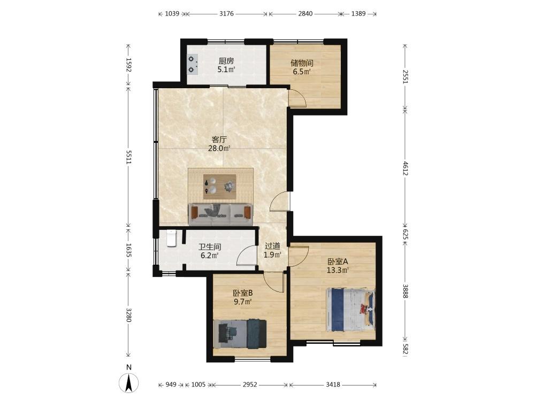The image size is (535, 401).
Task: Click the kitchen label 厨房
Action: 226,61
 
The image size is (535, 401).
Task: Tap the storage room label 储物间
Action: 302,63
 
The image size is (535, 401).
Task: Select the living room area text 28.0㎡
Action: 219,148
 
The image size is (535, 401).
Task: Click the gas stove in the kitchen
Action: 193,65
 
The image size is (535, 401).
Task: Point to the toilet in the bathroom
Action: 171,238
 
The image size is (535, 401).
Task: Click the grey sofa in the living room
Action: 221,214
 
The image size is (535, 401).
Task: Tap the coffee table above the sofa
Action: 220,187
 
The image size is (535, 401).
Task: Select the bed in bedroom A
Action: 350,310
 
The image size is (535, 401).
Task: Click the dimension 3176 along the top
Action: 226,14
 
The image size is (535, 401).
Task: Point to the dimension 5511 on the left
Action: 128,157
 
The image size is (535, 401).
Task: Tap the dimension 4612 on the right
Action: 406,168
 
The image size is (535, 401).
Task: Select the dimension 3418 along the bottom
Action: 333,384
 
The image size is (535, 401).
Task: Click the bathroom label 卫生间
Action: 210,247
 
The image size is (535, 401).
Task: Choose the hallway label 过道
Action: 272,246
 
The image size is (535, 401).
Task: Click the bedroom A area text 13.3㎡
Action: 338,271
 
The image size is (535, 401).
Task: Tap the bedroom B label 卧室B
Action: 243,293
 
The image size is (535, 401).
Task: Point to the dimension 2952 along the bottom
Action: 250,384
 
